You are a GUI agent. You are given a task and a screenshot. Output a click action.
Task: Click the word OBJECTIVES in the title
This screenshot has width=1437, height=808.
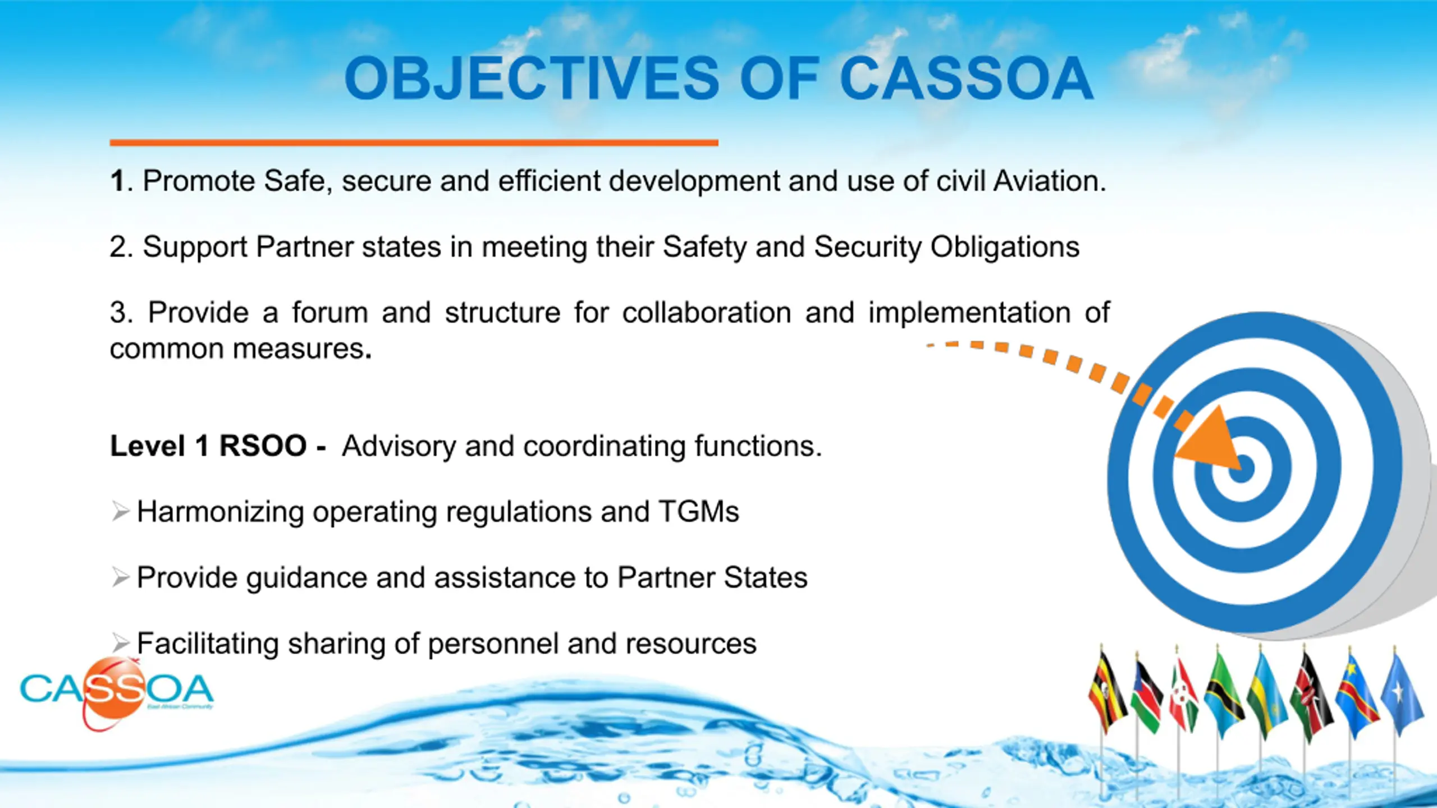point(532,79)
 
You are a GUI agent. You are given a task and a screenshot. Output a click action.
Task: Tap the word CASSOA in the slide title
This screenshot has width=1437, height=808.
point(966,79)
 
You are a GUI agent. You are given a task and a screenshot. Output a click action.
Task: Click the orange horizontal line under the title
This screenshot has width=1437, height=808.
point(414,143)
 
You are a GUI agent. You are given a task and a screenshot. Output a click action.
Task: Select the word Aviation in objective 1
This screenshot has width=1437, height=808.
point(1050,181)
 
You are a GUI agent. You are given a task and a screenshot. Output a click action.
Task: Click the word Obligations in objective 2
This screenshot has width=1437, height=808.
point(1005,247)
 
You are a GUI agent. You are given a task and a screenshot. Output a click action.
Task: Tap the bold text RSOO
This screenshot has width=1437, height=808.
point(263,446)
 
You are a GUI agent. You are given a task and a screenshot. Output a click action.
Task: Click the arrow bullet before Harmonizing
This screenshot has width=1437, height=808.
point(120,511)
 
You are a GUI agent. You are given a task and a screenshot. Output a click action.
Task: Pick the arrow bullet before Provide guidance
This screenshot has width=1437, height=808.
point(120,577)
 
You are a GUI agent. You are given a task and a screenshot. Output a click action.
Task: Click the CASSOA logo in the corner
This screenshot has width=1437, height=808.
point(117,693)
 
